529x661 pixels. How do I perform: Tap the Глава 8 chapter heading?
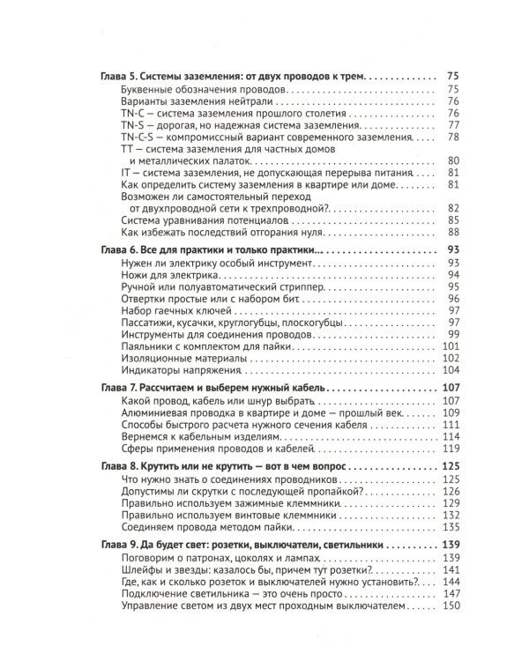[222, 464]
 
